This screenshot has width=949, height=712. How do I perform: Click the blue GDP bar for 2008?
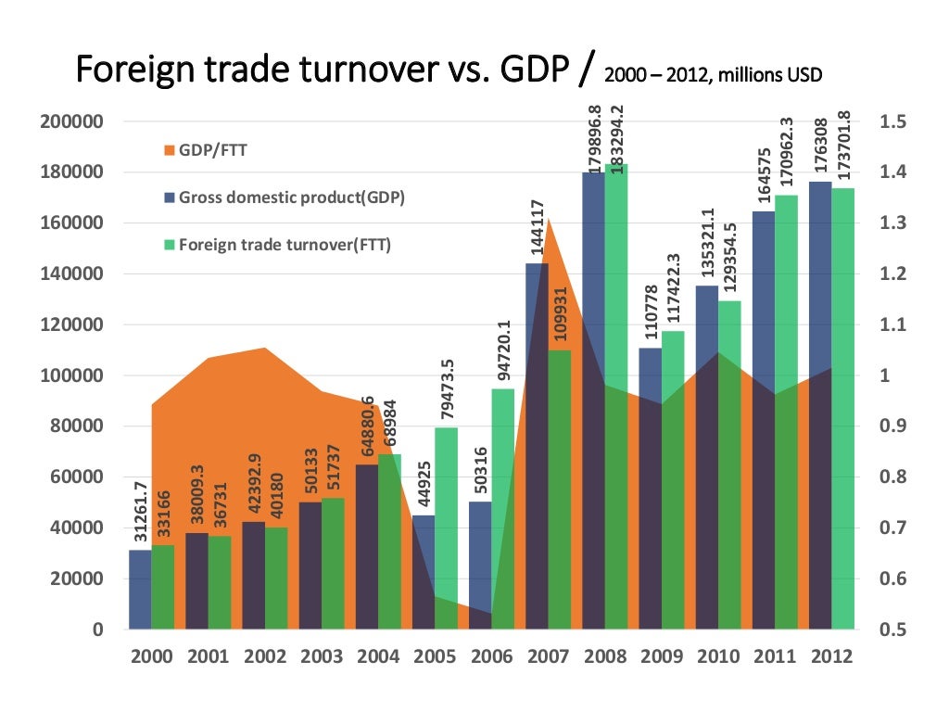click(593, 399)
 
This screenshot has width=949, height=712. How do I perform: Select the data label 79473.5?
click(446, 388)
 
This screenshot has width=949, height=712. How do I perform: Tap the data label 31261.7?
click(140, 511)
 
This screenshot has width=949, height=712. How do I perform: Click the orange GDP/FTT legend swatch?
click(168, 150)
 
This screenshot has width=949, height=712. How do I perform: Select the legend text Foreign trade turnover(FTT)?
click(285, 245)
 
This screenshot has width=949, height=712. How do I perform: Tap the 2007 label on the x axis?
click(547, 657)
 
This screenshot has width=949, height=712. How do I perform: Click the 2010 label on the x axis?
click(718, 657)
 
